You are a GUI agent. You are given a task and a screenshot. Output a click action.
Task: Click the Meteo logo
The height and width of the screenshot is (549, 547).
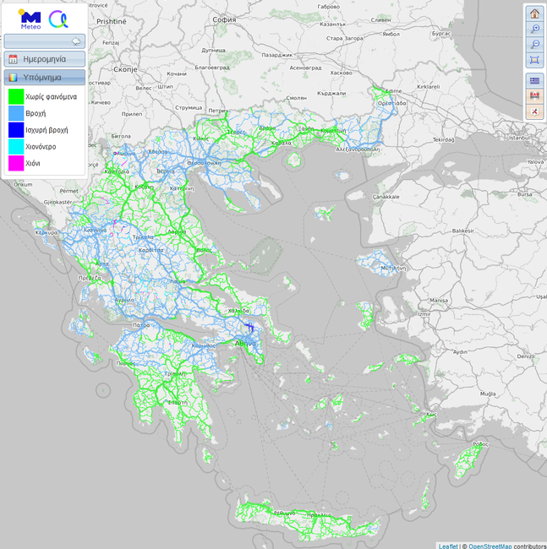pyautogui.click(x=29, y=18)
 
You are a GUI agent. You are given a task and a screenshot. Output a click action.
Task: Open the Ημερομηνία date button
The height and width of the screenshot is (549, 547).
pyautogui.click(x=45, y=59)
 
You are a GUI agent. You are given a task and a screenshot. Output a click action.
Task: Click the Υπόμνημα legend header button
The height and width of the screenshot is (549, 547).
pyautogui.click(x=45, y=78)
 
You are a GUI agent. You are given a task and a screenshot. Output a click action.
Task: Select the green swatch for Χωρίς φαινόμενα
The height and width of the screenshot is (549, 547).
pyautogui.click(x=15, y=98)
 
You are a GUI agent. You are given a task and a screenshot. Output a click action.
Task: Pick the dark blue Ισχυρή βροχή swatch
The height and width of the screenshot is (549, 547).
pyautogui.click(x=15, y=130)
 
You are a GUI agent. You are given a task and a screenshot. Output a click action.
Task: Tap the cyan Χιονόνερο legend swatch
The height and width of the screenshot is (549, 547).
pyautogui.click(x=15, y=146)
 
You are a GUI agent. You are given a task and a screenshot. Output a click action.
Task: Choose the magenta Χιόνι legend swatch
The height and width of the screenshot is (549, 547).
pyautogui.click(x=15, y=162)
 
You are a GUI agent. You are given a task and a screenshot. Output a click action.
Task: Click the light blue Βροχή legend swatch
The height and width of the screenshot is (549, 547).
pyautogui.click(x=15, y=114)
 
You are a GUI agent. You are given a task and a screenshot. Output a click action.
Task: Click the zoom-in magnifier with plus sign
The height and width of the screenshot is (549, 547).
pyautogui.click(x=534, y=29)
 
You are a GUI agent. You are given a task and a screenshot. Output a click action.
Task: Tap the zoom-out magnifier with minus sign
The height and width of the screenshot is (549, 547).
pyautogui.click(x=534, y=44)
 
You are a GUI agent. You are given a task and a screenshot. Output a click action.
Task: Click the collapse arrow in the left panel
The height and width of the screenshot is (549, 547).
pyautogui.click(x=76, y=41)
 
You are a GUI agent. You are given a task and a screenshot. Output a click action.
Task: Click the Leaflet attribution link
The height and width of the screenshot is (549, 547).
pyautogui.click(x=448, y=546)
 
